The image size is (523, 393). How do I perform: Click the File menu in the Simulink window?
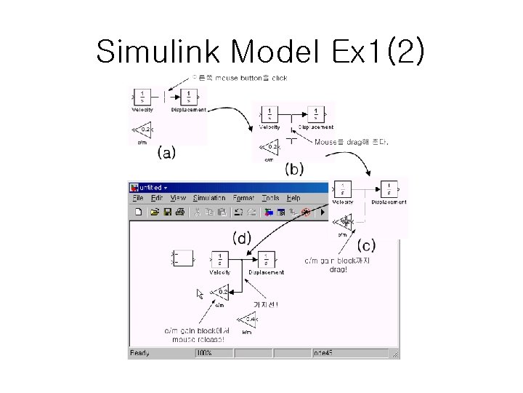137,198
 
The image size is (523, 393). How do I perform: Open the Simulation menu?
209,198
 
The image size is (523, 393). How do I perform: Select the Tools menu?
270,198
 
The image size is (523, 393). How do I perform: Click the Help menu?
293,198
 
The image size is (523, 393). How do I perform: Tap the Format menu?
244,198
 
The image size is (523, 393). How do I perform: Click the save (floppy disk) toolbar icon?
167,213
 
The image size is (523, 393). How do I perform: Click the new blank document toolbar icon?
137,213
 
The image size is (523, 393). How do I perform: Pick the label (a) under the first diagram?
166,153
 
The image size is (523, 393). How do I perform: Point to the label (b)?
294,169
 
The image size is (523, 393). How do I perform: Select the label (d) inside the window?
242,238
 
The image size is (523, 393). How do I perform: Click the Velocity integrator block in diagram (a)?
143,96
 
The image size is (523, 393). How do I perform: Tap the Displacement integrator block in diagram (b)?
316,114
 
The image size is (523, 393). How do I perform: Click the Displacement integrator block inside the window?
266,259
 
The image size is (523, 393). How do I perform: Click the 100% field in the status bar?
206,354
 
